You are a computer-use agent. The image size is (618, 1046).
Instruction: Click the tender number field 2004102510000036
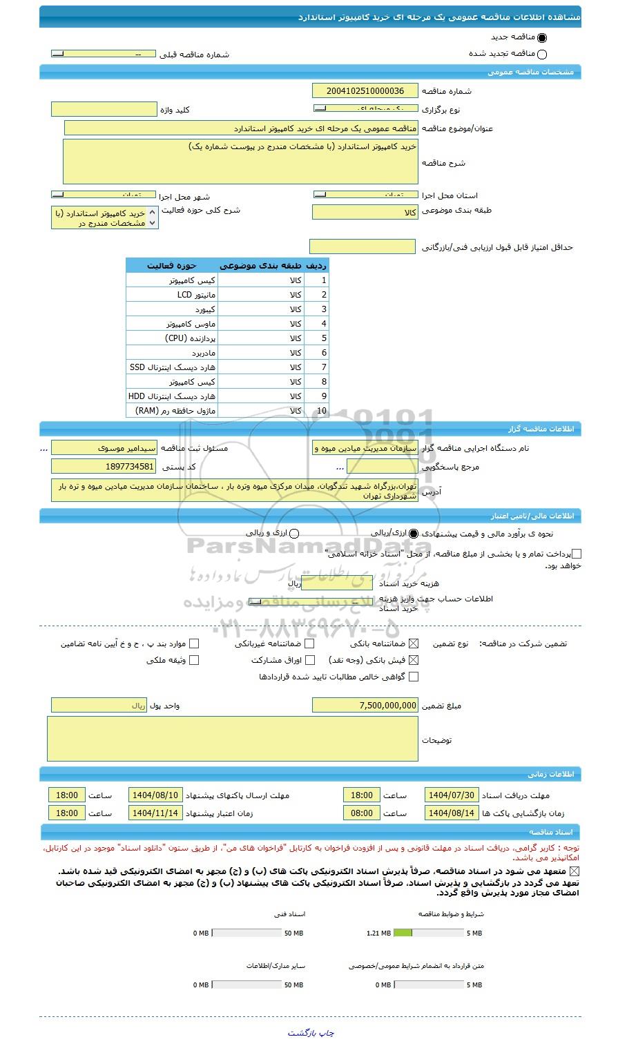365,90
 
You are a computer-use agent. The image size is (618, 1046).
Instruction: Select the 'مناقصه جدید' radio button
541,39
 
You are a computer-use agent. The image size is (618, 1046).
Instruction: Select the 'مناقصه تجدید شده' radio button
541,55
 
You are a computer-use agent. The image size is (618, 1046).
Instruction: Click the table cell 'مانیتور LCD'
171,295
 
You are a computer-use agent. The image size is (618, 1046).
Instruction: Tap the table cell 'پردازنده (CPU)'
171,338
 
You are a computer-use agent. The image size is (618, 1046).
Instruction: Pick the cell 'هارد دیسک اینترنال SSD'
171,367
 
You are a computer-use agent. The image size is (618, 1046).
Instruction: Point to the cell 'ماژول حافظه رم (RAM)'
171,411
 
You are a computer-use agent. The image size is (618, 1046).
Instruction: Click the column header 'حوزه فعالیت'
171,265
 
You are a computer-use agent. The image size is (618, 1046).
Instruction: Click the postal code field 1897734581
104,467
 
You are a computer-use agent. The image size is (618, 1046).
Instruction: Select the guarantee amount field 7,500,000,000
365,705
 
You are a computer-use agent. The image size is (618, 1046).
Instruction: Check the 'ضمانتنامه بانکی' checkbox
414,643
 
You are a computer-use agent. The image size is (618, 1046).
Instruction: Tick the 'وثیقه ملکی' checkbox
194,660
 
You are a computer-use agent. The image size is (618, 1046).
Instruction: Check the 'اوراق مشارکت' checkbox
310,660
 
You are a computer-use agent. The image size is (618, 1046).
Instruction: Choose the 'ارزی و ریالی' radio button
294,533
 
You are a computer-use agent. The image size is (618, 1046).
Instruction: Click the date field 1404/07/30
451,795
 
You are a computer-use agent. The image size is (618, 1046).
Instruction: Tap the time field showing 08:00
362,813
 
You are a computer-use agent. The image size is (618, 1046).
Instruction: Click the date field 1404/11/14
155,813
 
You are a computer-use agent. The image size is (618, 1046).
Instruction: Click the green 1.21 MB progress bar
403,933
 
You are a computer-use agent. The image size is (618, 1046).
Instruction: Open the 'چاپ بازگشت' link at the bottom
310,1033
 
